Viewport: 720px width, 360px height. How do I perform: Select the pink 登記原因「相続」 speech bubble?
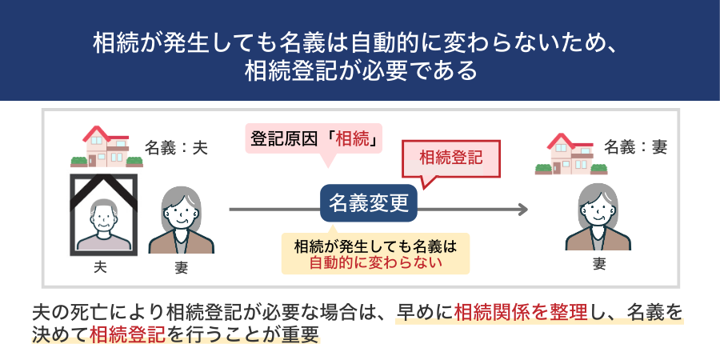pyautogui.click(x=314, y=138)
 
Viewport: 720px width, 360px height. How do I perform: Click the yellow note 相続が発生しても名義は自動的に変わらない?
pyautogui.click(x=375, y=253)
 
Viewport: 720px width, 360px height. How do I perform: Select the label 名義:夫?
pyautogui.click(x=176, y=147)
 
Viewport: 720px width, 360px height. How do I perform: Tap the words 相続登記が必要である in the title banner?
pyautogui.click(x=362, y=70)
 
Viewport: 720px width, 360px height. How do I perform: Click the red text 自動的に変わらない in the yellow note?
pyautogui.click(x=375, y=262)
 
